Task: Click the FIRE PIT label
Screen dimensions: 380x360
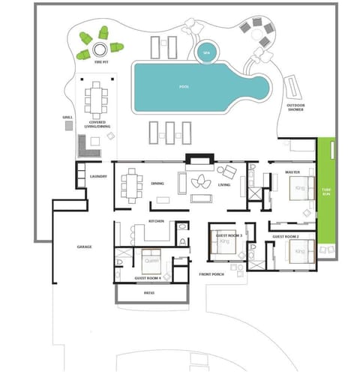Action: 99,64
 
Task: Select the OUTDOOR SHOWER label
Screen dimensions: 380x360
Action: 296,108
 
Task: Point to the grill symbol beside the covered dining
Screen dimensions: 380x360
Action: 69,127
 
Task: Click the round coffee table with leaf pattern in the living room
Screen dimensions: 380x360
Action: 202,182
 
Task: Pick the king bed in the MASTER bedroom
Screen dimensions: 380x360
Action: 301,187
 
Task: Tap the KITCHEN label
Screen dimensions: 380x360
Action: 156,223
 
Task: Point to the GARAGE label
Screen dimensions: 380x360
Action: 84,247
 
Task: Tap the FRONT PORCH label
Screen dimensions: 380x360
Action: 212,274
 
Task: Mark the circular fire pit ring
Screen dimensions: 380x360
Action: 99,51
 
